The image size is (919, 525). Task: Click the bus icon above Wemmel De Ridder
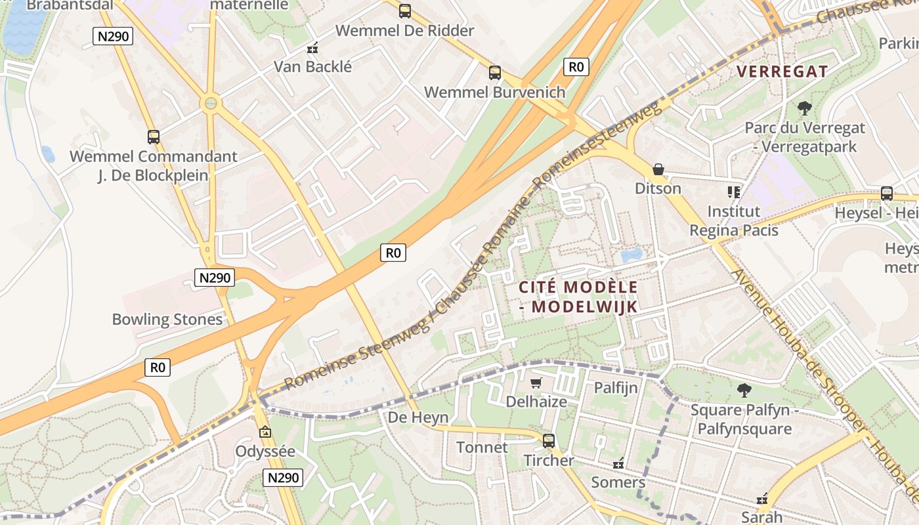point(405,10)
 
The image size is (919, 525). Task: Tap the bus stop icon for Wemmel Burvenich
point(495,72)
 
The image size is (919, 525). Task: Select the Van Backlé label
point(312,66)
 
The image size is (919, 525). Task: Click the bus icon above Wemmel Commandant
point(154,136)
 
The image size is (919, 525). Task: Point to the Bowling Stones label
point(167,320)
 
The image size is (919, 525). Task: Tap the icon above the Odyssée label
point(265,432)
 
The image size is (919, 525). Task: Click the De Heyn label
point(418,417)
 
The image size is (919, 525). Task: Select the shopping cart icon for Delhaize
point(536,383)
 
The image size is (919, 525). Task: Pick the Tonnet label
point(482,448)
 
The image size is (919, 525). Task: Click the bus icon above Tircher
point(549,440)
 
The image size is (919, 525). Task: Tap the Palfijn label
point(616,388)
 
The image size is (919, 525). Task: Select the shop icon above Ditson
point(658,169)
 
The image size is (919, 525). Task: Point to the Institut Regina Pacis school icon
point(733,192)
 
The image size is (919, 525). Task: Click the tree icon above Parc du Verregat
point(804,108)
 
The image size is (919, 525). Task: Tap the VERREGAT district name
point(782,72)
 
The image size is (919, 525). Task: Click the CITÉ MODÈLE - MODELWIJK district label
point(578,297)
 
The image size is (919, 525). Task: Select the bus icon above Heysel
point(887,194)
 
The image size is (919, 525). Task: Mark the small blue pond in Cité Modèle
point(631,255)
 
